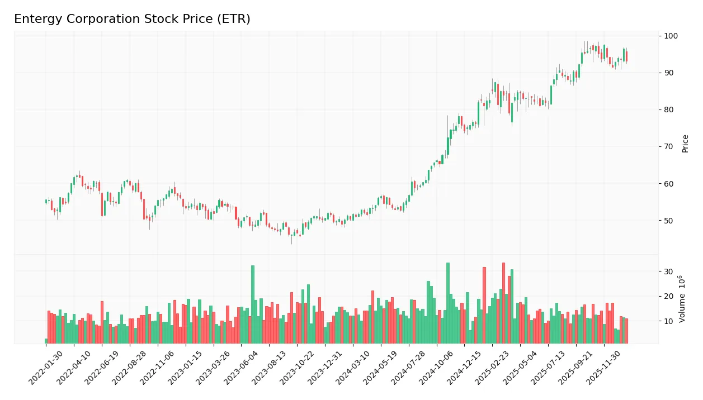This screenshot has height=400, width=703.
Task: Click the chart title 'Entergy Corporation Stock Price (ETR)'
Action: pos(132,19)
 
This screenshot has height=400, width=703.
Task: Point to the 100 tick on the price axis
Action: pos(671,36)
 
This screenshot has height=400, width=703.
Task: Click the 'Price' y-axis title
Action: pos(686,144)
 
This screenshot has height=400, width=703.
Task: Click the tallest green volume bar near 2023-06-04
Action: pos(253,304)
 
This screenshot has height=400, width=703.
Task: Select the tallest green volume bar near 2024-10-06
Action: pos(448,303)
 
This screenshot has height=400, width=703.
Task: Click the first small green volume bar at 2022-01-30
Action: pos(46,341)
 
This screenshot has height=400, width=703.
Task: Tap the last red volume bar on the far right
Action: pos(626,331)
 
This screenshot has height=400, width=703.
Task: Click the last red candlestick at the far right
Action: pos(626,56)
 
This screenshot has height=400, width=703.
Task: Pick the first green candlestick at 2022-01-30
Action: pos(46,201)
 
